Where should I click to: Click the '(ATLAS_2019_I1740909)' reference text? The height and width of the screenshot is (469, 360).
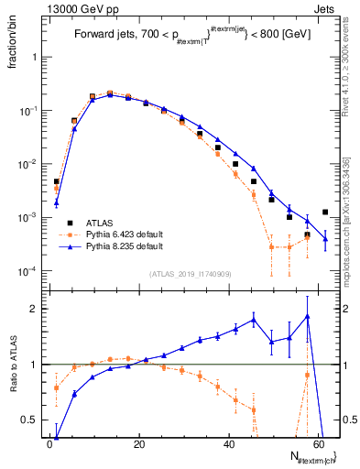point(191,274)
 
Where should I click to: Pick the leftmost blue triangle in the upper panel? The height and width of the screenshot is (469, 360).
point(56,202)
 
